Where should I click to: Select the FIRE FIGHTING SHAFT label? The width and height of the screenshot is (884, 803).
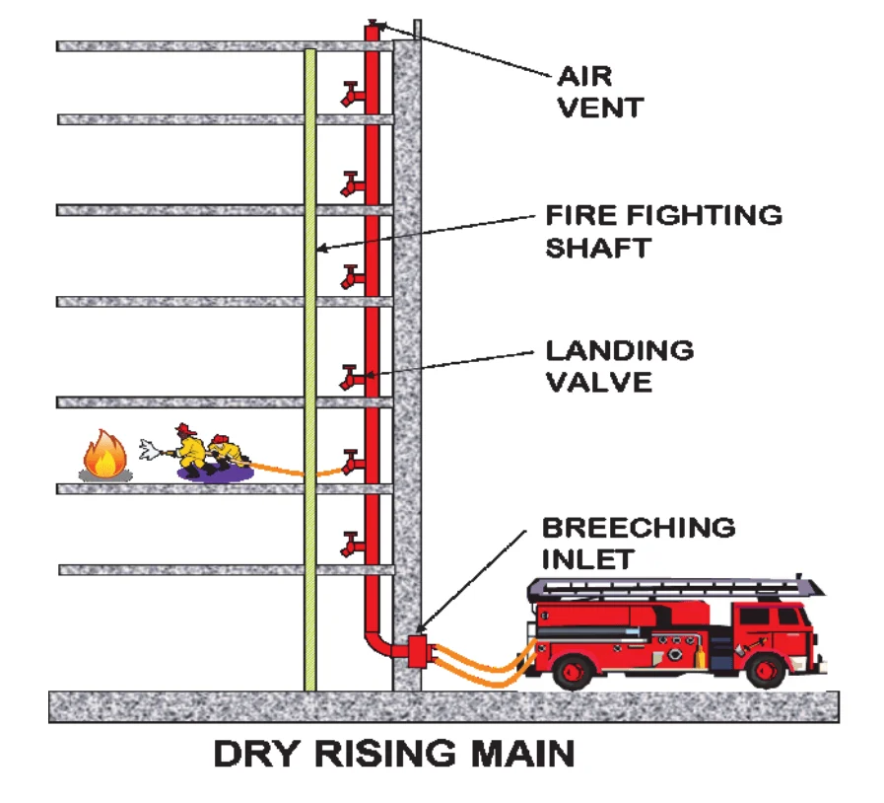point(663,230)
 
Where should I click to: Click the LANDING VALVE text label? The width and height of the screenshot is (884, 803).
point(619,365)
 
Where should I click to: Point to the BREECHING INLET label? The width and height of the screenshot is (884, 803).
point(637,543)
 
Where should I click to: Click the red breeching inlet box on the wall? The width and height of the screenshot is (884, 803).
point(415,650)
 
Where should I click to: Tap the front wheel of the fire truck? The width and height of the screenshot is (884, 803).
point(765,672)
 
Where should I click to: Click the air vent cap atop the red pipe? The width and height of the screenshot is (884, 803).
point(373,23)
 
